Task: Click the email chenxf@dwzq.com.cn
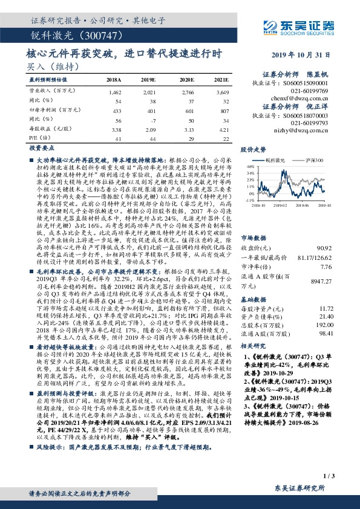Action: (x=304, y=98)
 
